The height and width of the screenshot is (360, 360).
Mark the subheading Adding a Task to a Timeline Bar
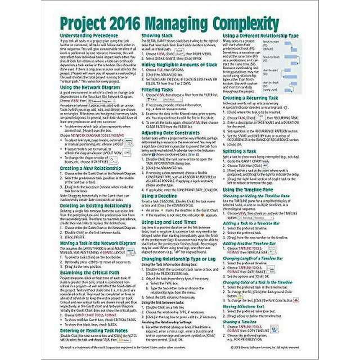253,225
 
